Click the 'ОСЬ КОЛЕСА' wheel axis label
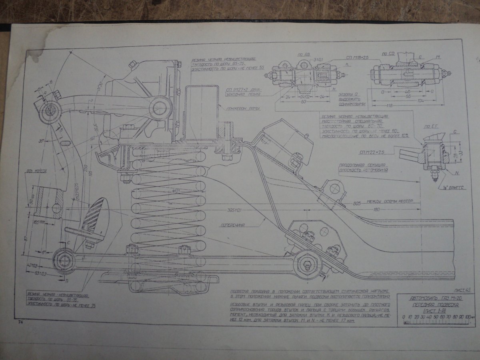click(x=37, y=171)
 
